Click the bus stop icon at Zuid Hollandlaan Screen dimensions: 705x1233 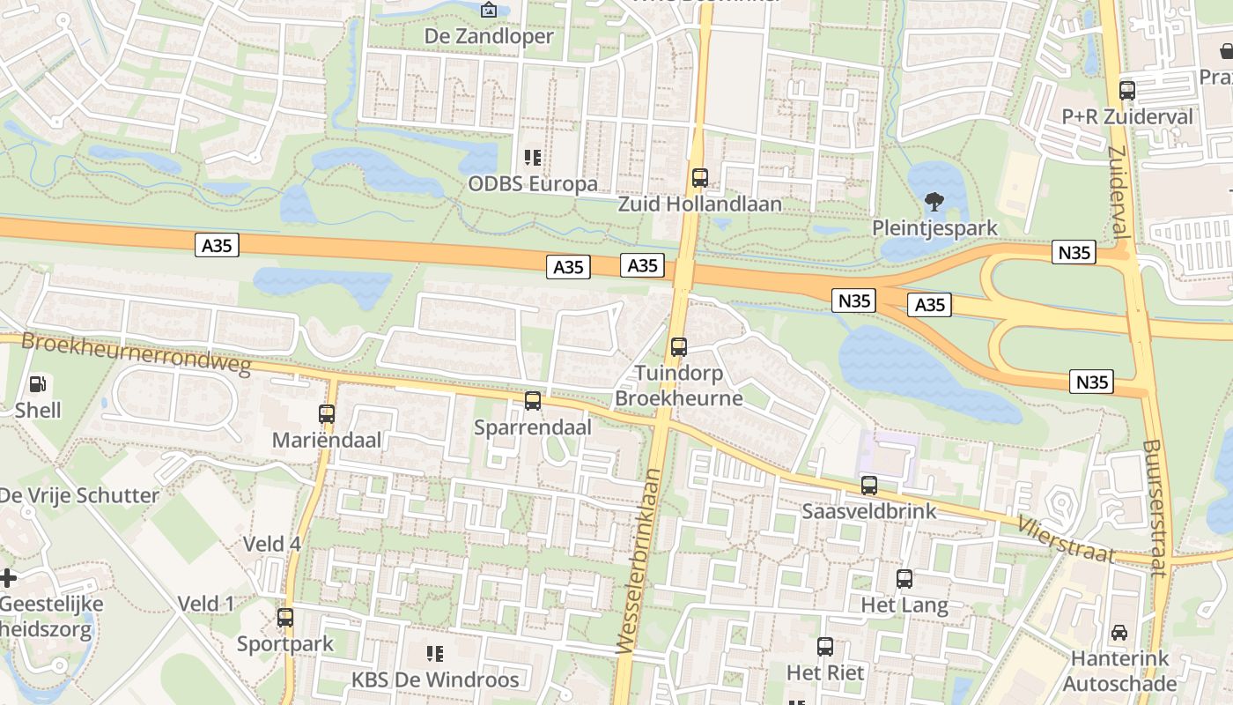[700, 178]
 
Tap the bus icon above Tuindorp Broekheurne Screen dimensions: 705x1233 [678, 347]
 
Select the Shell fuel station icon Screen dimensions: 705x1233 [38, 384]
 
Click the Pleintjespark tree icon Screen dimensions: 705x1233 [934, 202]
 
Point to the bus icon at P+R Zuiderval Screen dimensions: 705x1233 [1127, 90]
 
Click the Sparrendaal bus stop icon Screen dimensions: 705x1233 [533, 401]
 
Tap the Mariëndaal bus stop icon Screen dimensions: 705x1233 [327, 413]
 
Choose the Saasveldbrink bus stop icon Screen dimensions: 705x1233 [869, 485]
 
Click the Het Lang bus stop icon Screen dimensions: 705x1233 [904, 579]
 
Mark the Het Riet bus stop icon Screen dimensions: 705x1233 [825, 647]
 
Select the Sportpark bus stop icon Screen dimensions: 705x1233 [285, 618]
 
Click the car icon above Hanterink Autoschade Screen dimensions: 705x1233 [1119, 632]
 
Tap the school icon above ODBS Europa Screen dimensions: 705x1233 [533, 158]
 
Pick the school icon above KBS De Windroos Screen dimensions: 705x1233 [435, 654]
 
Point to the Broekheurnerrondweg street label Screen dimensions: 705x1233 [137, 353]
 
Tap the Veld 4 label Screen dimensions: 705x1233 [272, 544]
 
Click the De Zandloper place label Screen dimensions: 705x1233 [489, 36]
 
